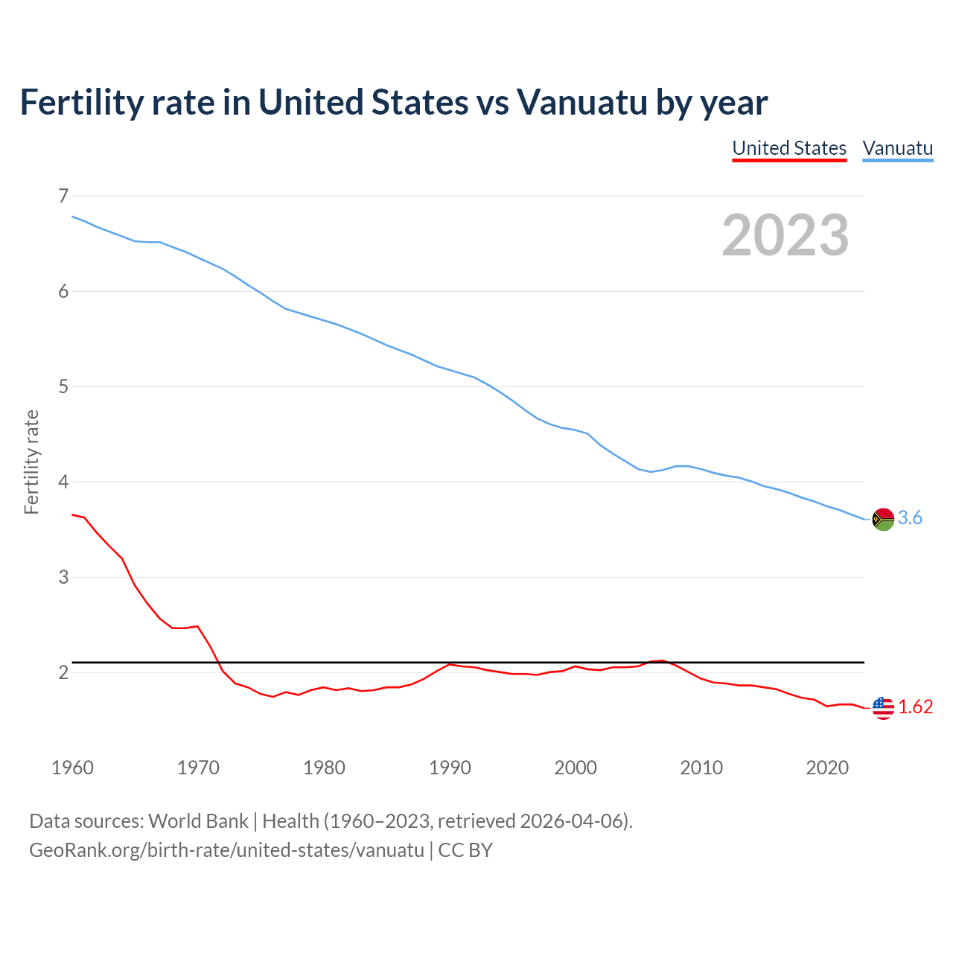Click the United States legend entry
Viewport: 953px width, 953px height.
pyautogui.click(x=789, y=148)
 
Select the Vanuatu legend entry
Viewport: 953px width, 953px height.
pyautogui.click(x=897, y=148)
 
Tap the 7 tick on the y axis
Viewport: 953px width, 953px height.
pyautogui.click(x=63, y=196)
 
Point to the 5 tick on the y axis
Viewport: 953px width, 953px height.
pyautogui.click(x=63, y=386)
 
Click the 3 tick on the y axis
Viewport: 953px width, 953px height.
pyautogui.click(x=63, y=577)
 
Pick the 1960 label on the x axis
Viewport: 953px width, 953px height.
pyautogui.click(x=72, y=768)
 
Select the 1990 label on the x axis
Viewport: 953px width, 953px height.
pyautogui.click(x=450, y=768)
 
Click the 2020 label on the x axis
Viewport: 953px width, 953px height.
pyautogui.click(x=827, y=768)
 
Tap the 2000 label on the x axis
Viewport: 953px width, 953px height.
pyautogui.click(x=576, y=768)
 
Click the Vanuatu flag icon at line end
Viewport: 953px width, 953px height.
pyautogui.click(x=883, y=519)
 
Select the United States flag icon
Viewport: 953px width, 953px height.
pyautogui.click(x=883, y=708)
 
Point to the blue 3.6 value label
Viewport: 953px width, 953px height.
pyautogui.click(x=910, y=518)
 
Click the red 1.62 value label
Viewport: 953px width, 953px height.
pyautogui.click(x=915, y=707)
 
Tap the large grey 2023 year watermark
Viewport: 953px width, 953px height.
pyautogui.click(x=785, y=235)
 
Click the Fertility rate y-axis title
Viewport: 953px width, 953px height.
pyautogui.click(x=31, y=462)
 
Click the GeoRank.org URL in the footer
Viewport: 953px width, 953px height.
pyautogui.click(x=226, y=850)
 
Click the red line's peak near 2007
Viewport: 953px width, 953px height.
pyautogui.click(x=662, y=660)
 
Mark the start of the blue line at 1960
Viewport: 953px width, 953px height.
pyautogui.click(x=72, y=217)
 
